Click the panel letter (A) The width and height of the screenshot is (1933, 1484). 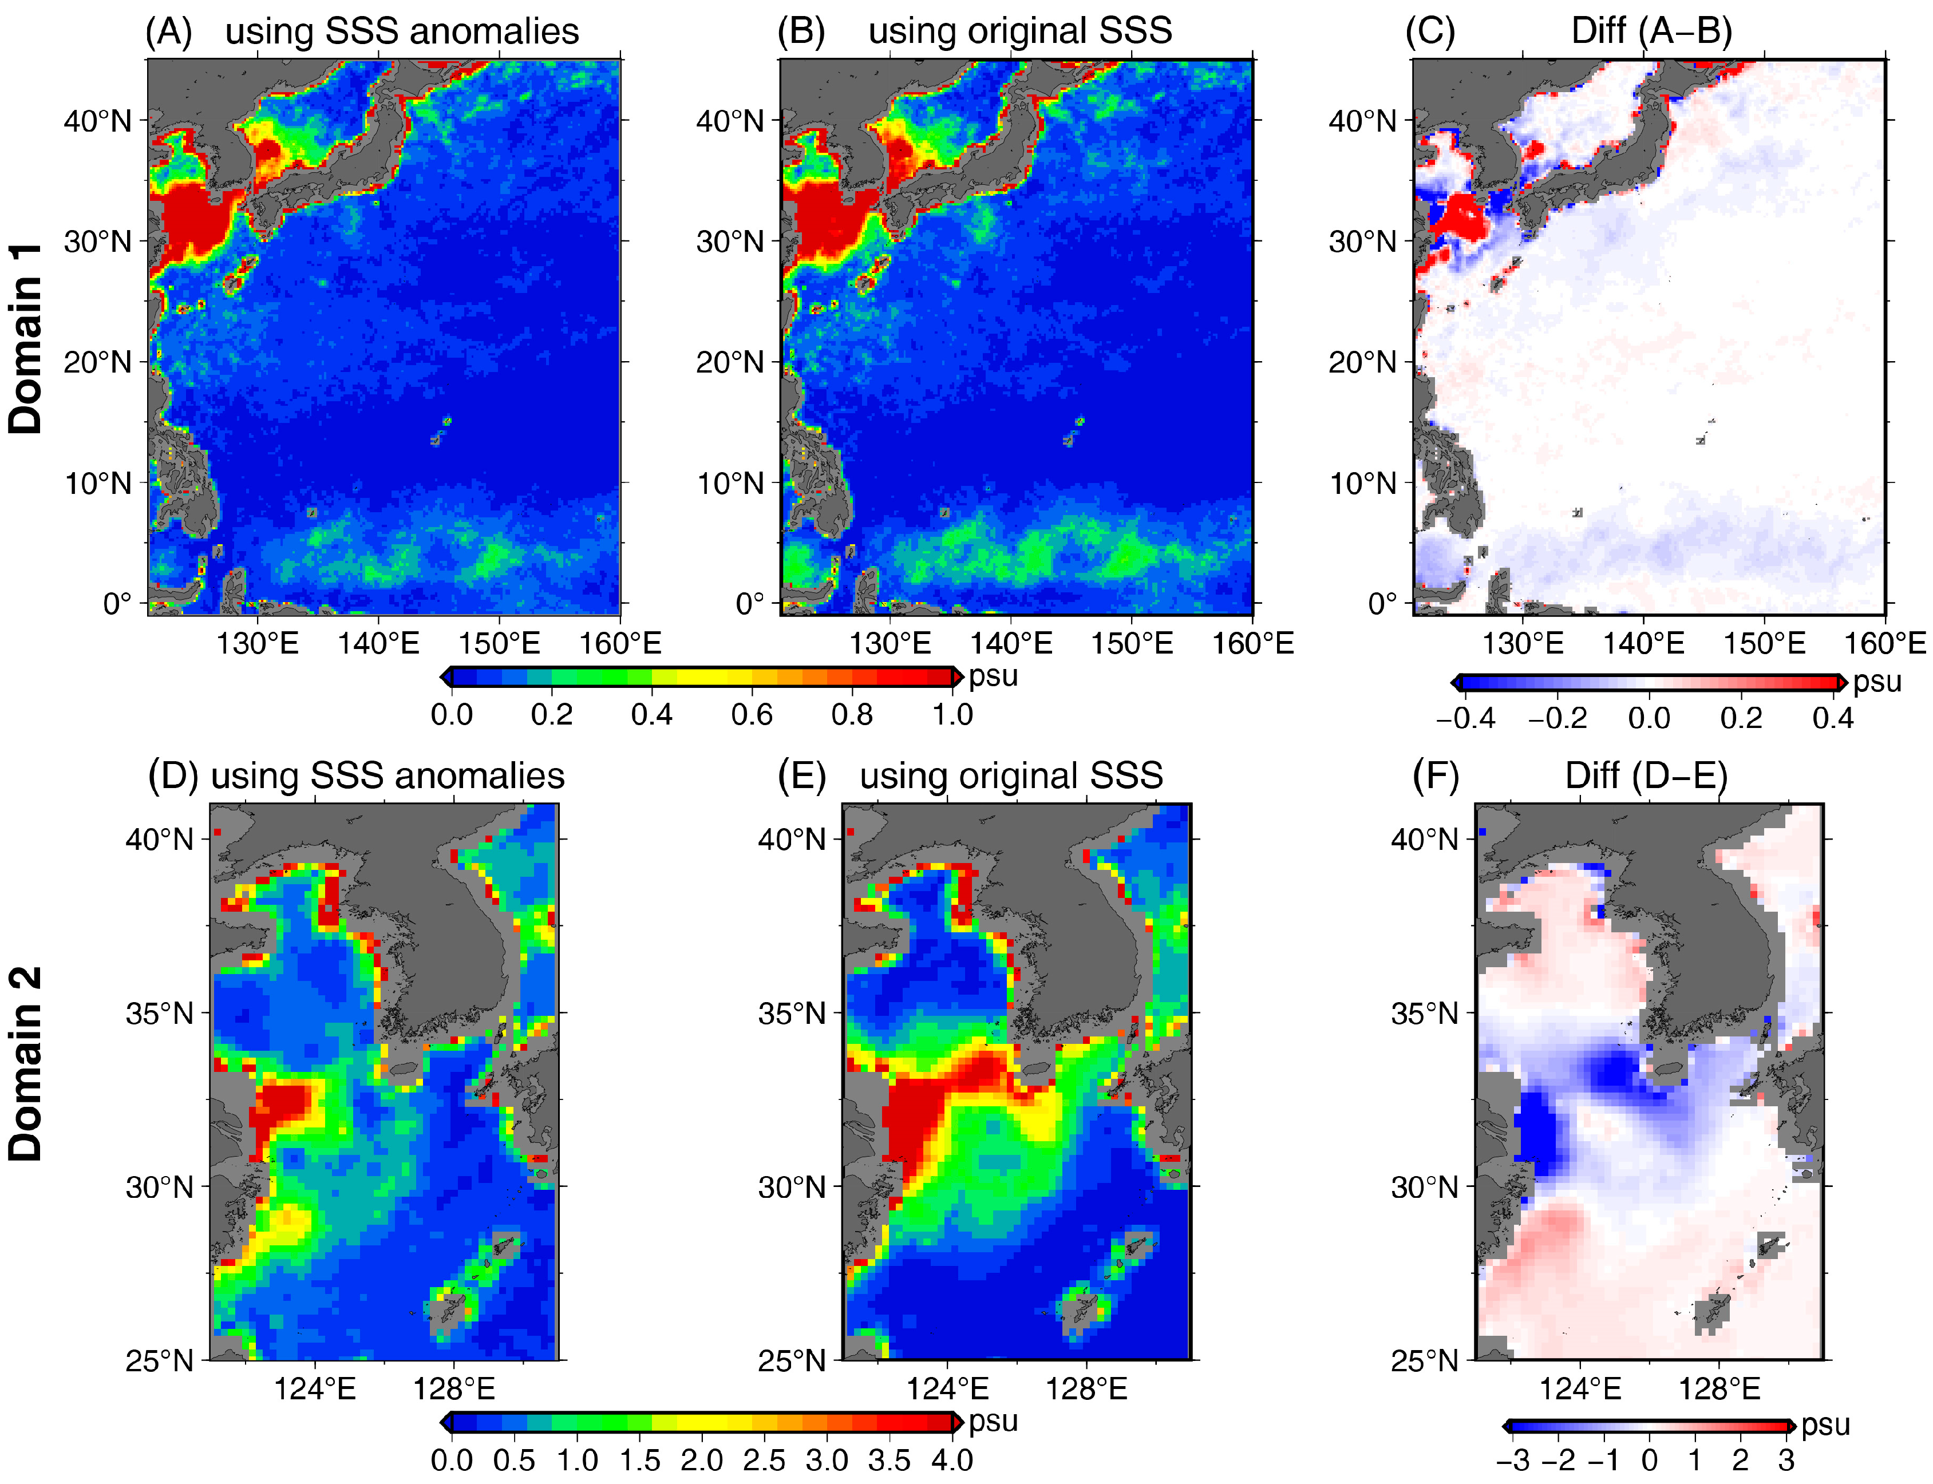(169, 32)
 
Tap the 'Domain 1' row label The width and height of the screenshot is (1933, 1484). (26, 338)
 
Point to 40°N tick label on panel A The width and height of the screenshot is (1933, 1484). (97, 120)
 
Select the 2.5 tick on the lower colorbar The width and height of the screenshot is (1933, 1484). (764, 1460)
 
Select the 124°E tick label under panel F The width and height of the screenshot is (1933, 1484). (1580, 1390)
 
